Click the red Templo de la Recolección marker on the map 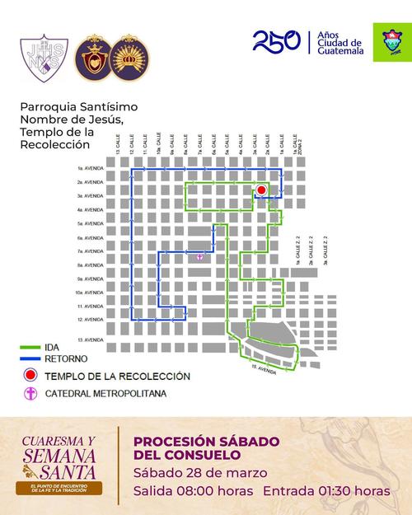[x=261, y=190]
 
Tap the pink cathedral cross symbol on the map [x=199, y=258]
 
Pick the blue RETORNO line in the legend [x=31, y=359]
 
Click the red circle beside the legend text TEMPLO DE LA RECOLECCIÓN [x=30, y=376]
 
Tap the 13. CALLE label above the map [x=119, y=145]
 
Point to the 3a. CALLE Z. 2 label [x=325, y=247]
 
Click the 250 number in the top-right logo [x=276, y=41]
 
